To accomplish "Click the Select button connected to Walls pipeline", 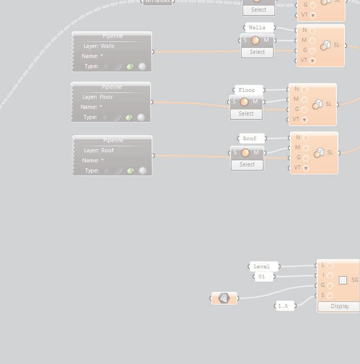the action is click(257, 52).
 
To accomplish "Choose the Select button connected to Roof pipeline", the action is click(247, 164).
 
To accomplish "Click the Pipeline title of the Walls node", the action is click(112, 36).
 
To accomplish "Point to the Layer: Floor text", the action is click(99, 97).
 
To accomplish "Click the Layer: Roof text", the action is click(99, 150).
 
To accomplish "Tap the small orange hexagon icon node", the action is click(224, 298).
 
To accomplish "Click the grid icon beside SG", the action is click(343, 280).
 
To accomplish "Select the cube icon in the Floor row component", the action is click(317, 104).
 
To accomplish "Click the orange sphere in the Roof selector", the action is click(245, 153).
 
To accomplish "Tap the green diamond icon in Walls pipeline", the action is click(130, 67).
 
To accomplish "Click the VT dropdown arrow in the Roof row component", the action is click(306, 168).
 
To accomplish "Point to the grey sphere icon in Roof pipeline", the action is click(143, 170).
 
